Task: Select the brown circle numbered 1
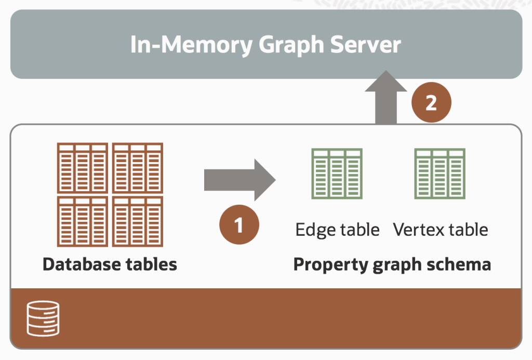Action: (x=239, y=225)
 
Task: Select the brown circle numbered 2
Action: (x=431, y=103)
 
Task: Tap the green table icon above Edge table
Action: (x=337, y=174)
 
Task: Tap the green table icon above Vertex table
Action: (x=440, y=174)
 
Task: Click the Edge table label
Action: (x=337, y=229)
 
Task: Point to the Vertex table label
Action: (x=440, y=229)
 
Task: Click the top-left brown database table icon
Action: (x=83, y=168)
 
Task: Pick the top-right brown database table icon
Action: (x=138, y=168)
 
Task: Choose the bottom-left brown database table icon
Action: (x=83, y=221)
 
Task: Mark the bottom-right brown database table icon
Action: (x=138, y=221)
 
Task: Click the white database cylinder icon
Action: (x=43, y=318)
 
